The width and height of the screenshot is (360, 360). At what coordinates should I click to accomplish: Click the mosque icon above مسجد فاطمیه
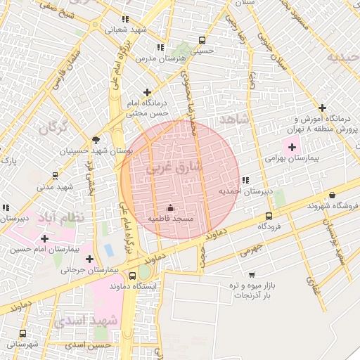point(169,207)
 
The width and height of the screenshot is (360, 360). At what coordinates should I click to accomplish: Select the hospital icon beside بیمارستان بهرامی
point(292,147)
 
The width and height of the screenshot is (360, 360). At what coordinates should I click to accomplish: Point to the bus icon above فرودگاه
point(269,216)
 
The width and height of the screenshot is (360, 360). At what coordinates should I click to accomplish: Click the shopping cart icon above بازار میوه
point(252,274)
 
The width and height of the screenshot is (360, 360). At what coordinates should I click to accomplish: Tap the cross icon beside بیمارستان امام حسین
point(44,238)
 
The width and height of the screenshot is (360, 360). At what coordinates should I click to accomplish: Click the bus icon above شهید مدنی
point(55,176)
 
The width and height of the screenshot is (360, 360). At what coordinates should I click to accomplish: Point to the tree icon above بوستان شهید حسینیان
point(96,140)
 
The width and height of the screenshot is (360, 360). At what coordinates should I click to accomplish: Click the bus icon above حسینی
point(202,40)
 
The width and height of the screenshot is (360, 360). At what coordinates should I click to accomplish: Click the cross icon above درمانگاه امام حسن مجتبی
point(147,92)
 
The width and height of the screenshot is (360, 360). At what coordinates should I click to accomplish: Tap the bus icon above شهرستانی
point(22,334)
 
